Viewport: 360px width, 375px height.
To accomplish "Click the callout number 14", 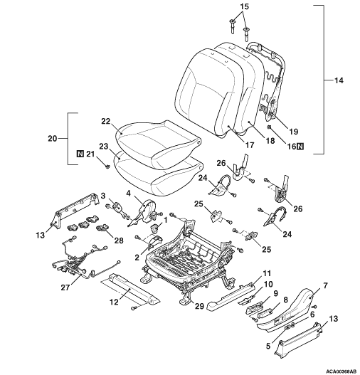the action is coord(338,80).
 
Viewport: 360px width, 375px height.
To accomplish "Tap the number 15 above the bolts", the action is coord(244,6).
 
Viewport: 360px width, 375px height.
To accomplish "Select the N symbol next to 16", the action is coord(300,146).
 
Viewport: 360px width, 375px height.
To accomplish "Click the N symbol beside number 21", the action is coord(80,154).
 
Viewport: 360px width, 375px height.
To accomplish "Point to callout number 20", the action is coord(53,139).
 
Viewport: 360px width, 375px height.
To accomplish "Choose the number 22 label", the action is coord(105,122).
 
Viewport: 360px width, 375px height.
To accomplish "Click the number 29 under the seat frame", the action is coord(200,306).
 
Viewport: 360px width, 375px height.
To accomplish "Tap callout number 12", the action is coord(114,302).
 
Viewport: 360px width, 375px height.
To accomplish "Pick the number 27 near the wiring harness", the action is coord(65,287).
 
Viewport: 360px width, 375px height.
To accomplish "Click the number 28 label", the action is coord(119,241).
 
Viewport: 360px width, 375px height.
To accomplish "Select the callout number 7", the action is coord(325,285).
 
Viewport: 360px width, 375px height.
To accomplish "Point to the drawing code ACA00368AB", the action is coord(345,371).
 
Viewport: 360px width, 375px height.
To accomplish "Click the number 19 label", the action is coord(294,132).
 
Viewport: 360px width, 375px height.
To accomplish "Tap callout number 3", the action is coord(103,196).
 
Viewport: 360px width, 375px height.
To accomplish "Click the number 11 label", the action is coord(267,273).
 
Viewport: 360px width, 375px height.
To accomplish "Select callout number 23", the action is coord(104,147).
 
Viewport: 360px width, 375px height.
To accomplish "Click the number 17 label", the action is coord(249,145).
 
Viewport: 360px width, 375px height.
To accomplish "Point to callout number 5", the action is coord(268,346).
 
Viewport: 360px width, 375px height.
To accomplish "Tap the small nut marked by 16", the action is coord(269,127).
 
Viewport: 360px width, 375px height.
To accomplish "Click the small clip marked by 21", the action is coord(107,166).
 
